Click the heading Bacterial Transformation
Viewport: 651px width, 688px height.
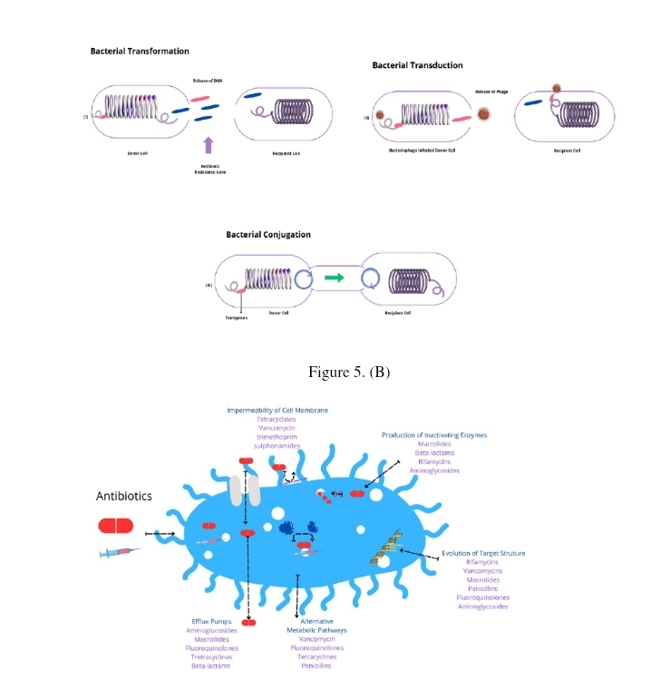(140, 51)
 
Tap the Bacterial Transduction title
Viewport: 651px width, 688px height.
(417, 65)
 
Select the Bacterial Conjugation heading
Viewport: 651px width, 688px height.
(267, 235)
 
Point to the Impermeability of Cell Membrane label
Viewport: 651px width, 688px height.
(277, 411)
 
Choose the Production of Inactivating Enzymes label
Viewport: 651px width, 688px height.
(433, 435)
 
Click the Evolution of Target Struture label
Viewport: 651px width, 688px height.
(483, 553)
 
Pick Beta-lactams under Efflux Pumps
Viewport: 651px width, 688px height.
(210, 665)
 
